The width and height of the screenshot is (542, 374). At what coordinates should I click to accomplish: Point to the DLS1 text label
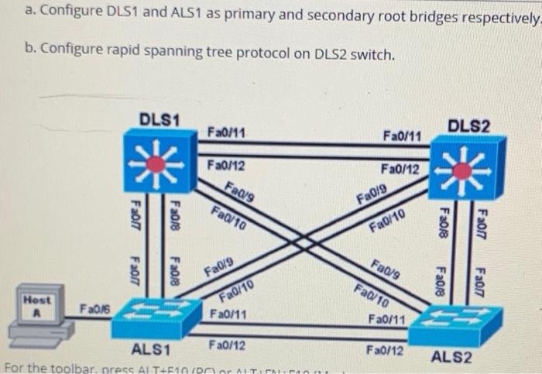[x=160, y=119]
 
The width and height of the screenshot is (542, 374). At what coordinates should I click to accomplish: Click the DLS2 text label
[x=469, y=125]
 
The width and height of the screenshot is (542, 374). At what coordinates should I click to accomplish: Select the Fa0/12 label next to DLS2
[x=400, y=168]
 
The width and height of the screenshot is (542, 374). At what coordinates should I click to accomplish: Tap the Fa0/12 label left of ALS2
[x=385, y=350]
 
